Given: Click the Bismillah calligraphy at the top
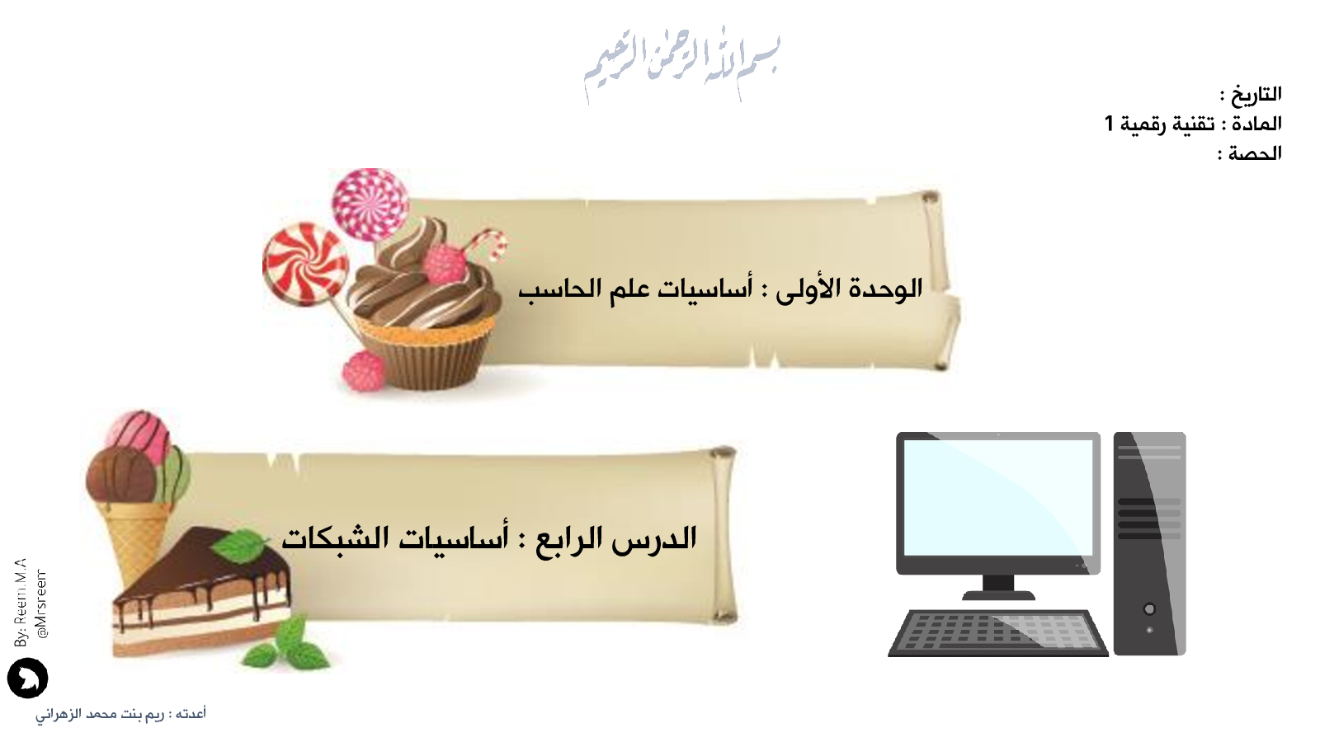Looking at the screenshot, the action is click(682, 65).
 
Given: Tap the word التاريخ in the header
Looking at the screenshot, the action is click(1256, 94).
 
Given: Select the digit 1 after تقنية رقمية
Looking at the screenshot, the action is click(1109, 124).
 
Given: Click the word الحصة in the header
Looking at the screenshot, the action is click(1255, 153).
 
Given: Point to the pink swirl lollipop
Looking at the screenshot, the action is click(370, 204).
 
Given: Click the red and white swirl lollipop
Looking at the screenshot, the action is click(305, 264).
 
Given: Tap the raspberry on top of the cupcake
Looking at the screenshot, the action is click(445, 264).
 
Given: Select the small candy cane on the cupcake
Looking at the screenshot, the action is click(490, 242).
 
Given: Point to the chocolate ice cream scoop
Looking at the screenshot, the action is click(120, 475).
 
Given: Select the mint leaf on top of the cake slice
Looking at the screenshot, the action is click(239, 545).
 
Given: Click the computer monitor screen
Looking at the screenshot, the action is click(998, 498).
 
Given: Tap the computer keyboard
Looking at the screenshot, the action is click(997, 634).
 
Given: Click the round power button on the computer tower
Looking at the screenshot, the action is click(1149, 609).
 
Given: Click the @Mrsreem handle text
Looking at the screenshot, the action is click(41, 603).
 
